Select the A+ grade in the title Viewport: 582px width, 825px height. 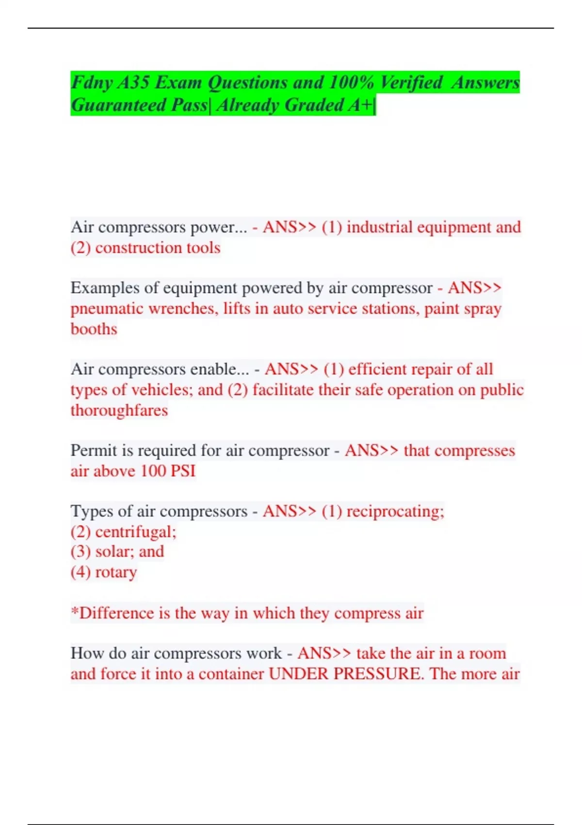tap(360, 105)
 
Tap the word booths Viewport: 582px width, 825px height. tap(94, 329)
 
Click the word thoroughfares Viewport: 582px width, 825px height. tap(119, 411)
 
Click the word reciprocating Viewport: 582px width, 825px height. tap(395, 511)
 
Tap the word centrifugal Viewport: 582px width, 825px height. tap(135, 532)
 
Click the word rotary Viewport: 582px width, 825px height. tap(116, 573)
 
